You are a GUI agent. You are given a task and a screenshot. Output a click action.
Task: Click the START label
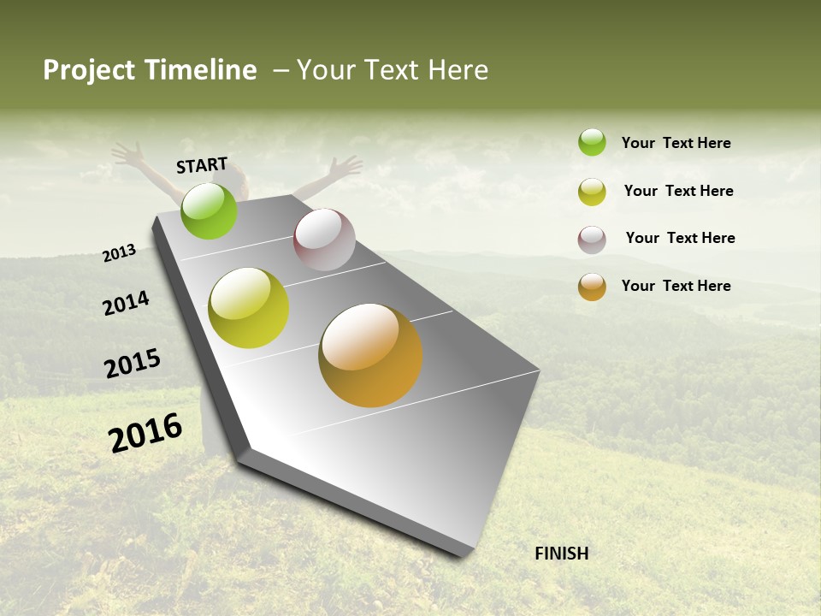click(202, 165)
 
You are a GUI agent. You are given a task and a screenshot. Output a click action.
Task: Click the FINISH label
click(561, 554)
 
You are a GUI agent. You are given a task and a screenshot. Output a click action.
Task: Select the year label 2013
click(119, 253)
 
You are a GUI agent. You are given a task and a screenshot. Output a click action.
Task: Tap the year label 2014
click(127, 304)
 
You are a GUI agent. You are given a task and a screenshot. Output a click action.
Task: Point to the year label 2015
click(133, 364)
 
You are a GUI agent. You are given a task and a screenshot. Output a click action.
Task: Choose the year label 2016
click(145, 433)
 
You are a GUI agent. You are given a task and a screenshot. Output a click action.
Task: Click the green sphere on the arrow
click(209, 210)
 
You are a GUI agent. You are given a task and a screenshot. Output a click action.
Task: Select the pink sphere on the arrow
click(324, 240)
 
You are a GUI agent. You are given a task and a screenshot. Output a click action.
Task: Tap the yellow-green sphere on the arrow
click(249, 308)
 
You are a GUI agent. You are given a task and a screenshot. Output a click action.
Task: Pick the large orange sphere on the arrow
click(370, 355)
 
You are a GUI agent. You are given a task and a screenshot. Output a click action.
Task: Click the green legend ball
click(592, 142)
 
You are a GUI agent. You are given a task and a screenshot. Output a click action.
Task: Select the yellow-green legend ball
click(592, 192)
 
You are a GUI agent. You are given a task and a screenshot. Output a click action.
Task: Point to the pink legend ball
click(592, 240)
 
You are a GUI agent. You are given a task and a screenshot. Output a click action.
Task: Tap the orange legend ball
click(592, 287)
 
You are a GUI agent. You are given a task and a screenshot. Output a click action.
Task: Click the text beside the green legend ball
click(676, 143)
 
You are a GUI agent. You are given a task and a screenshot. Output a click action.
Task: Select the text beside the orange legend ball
click(676, 286)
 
